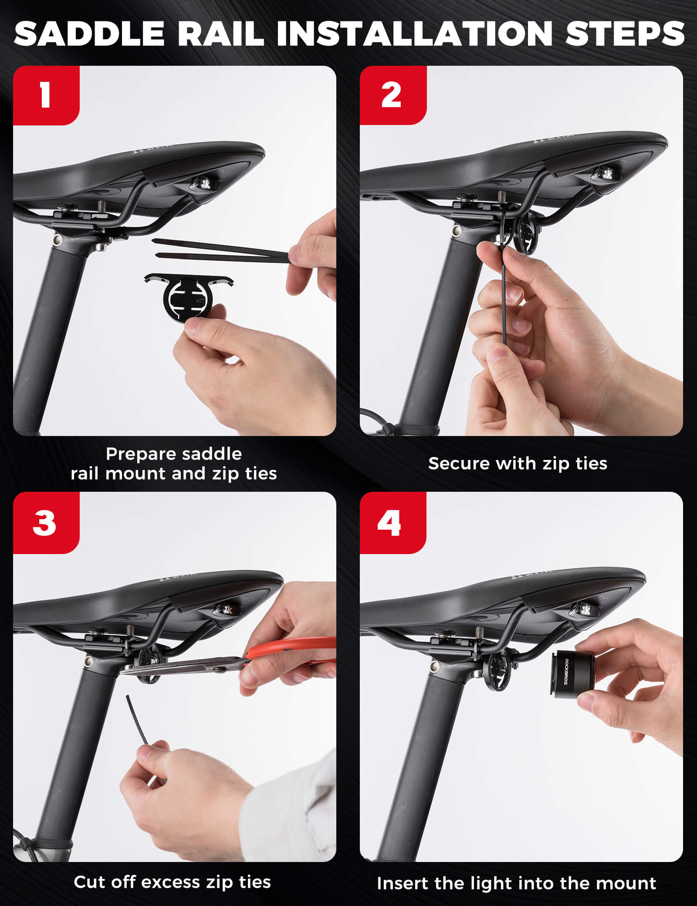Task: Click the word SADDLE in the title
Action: click(x=89, y=34)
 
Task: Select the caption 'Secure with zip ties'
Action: click(x=518, y=463)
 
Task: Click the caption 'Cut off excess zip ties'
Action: click(x=173, y=882)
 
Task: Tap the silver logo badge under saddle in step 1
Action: click(x=203, y=182)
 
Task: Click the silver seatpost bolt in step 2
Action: click(x=457, y=231)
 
